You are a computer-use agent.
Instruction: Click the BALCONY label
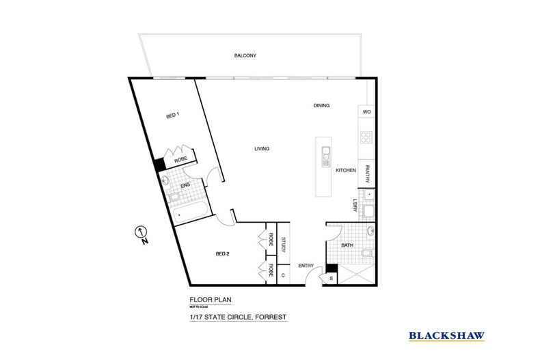(x=245, y=55)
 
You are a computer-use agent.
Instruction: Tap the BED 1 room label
(x=173, y=115)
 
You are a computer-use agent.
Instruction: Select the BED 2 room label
(x=222, y=253)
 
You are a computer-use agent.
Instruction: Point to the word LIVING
(x=262, y=149)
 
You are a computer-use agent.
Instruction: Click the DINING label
(x=321, y=105)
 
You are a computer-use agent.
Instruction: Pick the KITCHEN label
(x=346, y=170)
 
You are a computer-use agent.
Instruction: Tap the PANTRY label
(x=367, y=174)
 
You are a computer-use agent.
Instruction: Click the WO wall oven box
(x=366, y=111)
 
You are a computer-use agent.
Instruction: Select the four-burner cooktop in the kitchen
(x=366, y=137)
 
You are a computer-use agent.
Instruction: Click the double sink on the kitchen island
(x=326, y=157)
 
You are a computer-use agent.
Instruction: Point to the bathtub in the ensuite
(x=190, y=212)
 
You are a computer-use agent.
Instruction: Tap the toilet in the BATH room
(x=368, y=253)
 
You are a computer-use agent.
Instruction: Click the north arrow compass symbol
(x=141, y=232)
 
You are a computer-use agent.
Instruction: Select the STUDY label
(x=284, y=245)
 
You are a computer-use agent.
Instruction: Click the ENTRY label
(x=306, y=265)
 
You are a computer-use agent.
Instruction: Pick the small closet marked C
(x=283, y=275)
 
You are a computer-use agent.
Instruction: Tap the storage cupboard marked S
(x=331, y=279)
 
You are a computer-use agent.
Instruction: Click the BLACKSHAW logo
(x=446, y=336)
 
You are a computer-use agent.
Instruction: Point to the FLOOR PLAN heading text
(x=211, y=299)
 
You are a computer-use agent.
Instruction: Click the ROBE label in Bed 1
(x=181, y=159)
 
